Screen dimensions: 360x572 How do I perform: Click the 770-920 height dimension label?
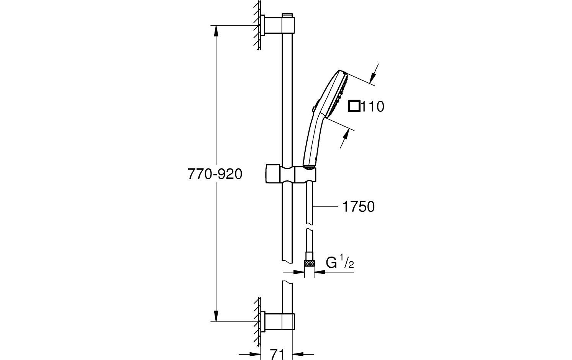[215, 174]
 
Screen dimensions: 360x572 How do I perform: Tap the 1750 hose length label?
[357, 207]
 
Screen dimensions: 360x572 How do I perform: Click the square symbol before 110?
[354, 106]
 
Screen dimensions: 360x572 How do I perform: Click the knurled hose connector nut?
[309, 263]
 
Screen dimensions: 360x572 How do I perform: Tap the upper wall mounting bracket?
[278, 25]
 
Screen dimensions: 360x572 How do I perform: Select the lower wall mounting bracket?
[278, 321]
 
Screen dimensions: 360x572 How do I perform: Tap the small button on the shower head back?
[314, 109]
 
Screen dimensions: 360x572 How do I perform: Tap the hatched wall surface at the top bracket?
[259, 25]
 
